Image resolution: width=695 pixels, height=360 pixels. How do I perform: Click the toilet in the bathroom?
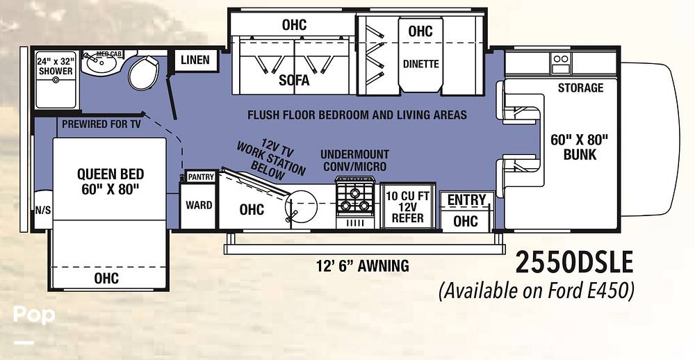tap(144, 72)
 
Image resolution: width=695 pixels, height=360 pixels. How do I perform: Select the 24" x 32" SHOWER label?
tap(56, 65)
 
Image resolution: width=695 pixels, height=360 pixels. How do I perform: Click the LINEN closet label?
tap(195, 60)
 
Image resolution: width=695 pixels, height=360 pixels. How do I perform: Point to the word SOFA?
tap(294, 80)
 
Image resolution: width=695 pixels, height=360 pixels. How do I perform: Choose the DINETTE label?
tap(420, 64)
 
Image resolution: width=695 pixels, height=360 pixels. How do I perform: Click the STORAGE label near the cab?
tap(580, 88)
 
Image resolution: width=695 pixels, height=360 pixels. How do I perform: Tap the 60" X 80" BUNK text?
tap(580, 147)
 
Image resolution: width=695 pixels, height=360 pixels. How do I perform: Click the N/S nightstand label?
tap(43, 210)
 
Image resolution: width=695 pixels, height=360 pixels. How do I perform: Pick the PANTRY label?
tap(202, 177)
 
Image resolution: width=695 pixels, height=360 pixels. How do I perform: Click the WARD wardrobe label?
tap(199, 205)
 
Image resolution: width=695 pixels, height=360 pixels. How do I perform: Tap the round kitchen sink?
tap(302, 206)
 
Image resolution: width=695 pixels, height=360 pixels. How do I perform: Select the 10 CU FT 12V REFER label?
tap(407, 207)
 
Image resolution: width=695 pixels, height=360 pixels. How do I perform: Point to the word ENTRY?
tap(466, 200)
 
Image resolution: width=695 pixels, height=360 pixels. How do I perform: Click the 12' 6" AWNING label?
tap(363, 266)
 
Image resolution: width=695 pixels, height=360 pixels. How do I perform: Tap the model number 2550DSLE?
tap(575, 263)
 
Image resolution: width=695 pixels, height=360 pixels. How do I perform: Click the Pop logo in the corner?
tap(33, 314)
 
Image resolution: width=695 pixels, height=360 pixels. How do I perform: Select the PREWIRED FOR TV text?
tap(101, 124)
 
